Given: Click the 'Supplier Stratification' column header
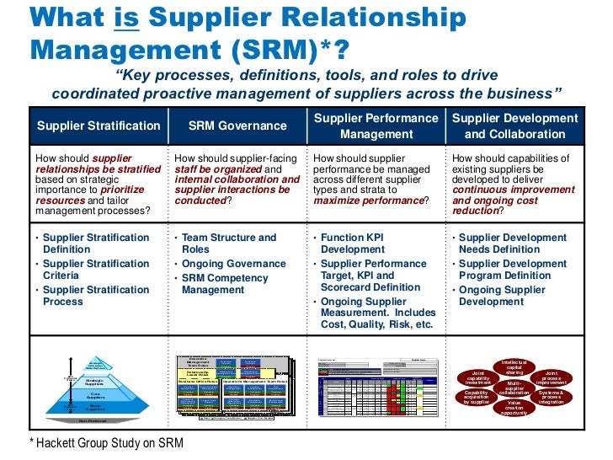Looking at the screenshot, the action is [x=99, y=126].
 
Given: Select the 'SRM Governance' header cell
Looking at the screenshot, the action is [x=237, y=126].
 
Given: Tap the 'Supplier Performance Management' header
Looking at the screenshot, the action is [x=376, y=126].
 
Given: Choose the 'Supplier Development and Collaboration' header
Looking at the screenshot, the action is [x=515, y=126].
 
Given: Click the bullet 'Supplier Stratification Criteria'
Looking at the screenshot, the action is [x=95, y=270].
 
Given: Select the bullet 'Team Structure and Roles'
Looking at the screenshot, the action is [x=228, y=244].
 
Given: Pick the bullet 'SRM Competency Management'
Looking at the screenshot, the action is [x=225, y=284].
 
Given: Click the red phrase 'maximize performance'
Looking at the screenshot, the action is [x=367, y=201].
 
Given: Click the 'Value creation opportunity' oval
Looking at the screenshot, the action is [x=514, y=408].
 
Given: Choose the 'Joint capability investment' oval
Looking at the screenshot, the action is [x=477, y=377].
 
